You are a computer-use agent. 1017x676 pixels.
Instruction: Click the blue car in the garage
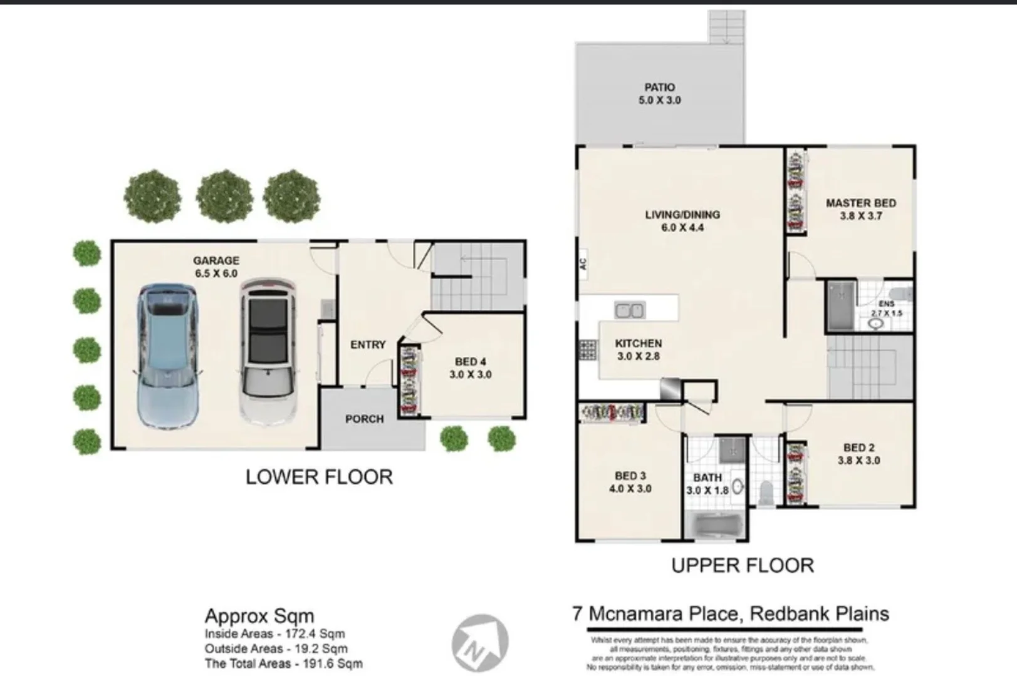click(x=167, y=356)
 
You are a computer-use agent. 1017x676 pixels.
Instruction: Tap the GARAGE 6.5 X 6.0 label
click(x=216, y=267)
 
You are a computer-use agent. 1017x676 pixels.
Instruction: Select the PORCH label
click(x=364, y=419)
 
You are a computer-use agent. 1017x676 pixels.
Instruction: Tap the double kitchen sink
click(x=629, y=310)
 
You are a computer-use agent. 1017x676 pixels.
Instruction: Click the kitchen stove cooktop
click(x=587, y=350)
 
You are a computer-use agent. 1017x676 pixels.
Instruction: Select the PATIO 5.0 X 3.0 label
click(x=659, y=94)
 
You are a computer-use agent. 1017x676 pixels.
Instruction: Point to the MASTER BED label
click(x=860, y=209)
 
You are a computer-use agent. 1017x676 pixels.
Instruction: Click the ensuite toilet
click(x=902, y=295)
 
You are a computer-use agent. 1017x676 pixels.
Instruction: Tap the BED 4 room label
click(x=470, y=368)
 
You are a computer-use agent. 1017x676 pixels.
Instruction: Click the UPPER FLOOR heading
click(x=742, y=566)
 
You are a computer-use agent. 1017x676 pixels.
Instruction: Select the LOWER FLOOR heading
click(x=319, y=477)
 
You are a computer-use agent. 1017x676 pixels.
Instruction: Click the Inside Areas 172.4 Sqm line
click(x=274, y=634)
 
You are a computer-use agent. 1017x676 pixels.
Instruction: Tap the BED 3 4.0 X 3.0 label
click(x=630, y=482)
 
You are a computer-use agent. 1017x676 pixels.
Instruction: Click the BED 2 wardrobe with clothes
click(x=795, y=473)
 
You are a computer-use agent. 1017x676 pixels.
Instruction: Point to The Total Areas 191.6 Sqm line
click(x=283, y=663)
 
